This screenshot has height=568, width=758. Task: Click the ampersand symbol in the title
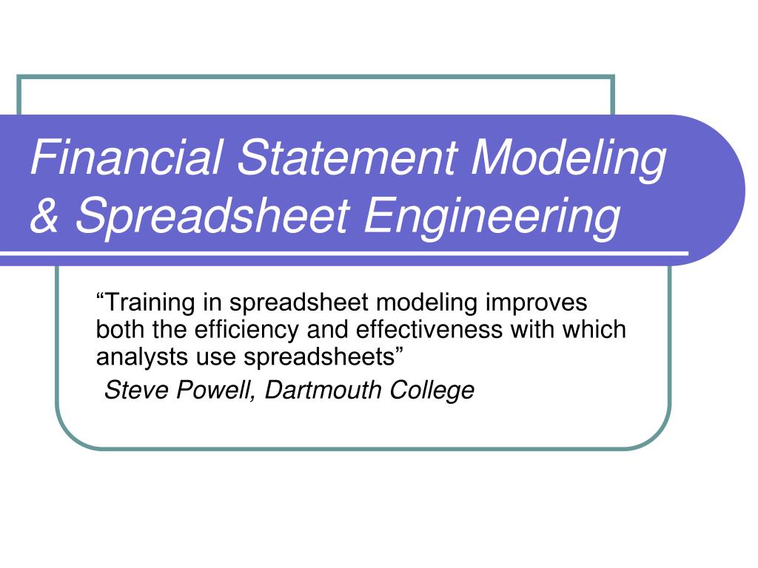(44, 217)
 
